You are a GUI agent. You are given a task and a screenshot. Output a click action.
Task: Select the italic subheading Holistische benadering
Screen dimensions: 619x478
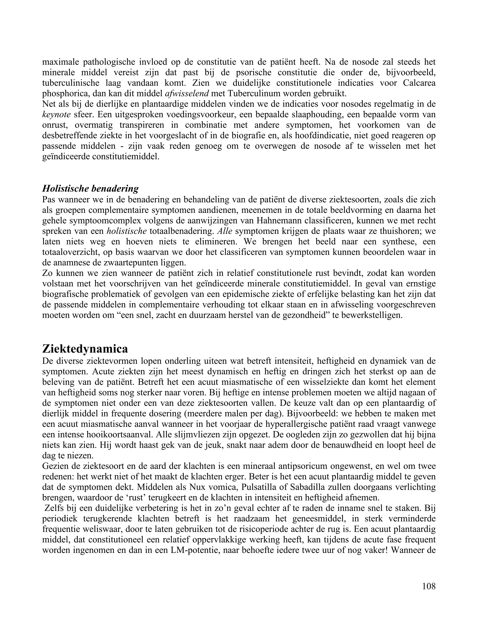pos(90,188)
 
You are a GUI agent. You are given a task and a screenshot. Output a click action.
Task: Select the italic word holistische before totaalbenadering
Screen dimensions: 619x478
pos(127,231)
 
